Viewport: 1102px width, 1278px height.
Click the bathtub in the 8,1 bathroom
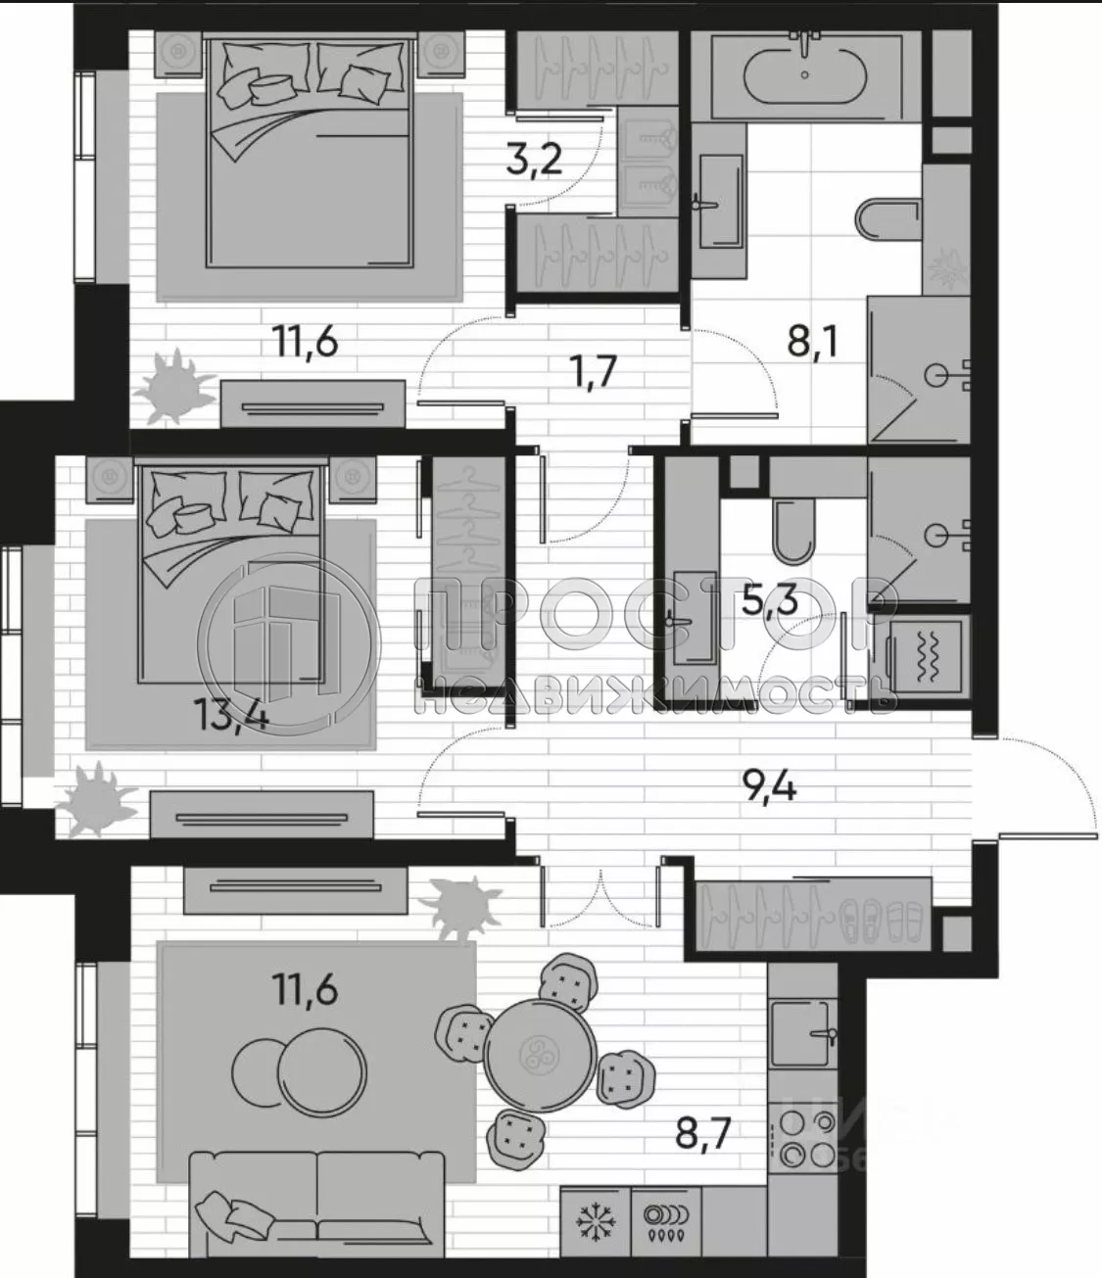[804, 74]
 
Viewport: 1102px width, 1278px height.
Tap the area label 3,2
[535, 157]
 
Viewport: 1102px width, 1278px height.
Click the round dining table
[539, 1056]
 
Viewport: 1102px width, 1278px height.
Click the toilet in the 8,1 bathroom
[886, 219]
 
